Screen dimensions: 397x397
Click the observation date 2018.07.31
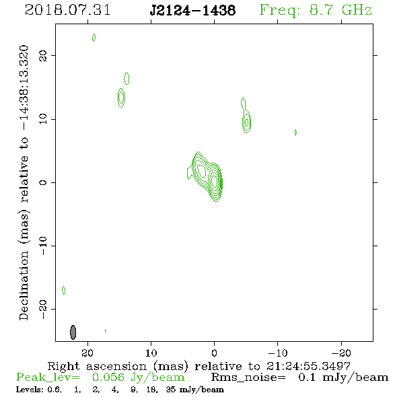tap(67, 10)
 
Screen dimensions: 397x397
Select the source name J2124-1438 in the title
tap(192, 10)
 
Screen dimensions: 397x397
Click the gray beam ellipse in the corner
tap(73, 332)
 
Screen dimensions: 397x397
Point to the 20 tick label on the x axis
tap(87, 353)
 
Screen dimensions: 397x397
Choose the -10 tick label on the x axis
tap(278, 353)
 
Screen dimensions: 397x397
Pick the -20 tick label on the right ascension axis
tap(341, 353)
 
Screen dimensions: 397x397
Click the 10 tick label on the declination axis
tap(43, 119)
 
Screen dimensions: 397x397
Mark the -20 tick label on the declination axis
tap(43, 309)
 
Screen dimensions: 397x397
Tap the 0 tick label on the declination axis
tap(43, 182)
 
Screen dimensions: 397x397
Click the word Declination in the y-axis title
tap(24, 285)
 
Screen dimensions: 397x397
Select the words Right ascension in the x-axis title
tap(97, 366)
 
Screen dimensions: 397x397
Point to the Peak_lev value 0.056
tap(108, 377)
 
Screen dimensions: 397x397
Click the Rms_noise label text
tap(248, 377)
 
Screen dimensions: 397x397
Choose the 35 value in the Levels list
tap(171, 390)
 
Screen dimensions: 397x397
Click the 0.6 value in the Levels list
tap(54, 390)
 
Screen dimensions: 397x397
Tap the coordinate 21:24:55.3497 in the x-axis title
tap(308, 366)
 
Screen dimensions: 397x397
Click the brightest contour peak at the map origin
tap(215, 181)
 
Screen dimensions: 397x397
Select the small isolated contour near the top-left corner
tap(94, 38)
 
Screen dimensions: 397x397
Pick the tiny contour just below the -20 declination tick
tap(106, 330)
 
